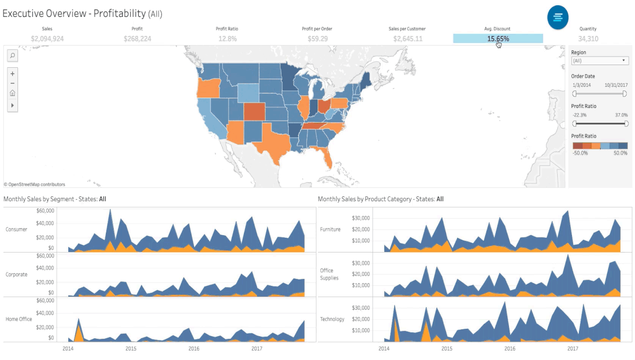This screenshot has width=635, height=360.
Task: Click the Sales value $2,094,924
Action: coord(47,39)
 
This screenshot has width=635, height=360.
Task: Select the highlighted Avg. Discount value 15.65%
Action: coord(497,39)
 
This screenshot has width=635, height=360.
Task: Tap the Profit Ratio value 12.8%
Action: coord(228,39)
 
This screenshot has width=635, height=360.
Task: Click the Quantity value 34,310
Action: coord(588,39)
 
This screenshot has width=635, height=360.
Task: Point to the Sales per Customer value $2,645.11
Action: coord(407,39)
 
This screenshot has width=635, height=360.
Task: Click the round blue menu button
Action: coord(558,17)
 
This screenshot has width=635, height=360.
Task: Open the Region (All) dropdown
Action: coord(600,61)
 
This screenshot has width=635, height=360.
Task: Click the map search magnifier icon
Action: coord(13,55)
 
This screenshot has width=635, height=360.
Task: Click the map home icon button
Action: coord(13,93)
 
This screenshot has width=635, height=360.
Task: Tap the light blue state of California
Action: coord(207,120)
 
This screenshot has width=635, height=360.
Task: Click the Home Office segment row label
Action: coord(19,319)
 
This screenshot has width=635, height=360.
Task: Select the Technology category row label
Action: coord(332,319)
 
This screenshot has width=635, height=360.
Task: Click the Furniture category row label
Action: coord(330,229)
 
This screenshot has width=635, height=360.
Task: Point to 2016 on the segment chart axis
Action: coord(194,349)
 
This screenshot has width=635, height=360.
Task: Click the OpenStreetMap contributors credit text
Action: coord(34,184)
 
